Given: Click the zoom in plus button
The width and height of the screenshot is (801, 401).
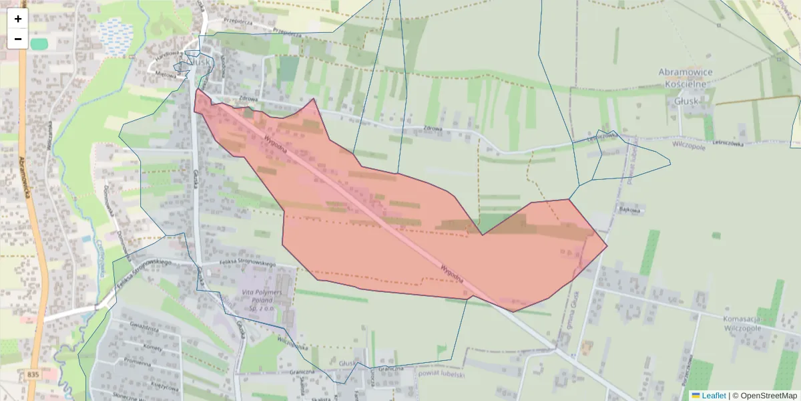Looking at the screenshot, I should (x=18, y=19).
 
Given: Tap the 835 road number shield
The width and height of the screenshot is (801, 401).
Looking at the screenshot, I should (x=34, y=375).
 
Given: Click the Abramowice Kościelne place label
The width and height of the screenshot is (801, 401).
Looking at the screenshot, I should (x=685, y=77).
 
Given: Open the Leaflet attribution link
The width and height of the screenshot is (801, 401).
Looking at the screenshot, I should (x=708, y=396).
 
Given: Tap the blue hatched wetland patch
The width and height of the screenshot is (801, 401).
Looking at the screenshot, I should (x=116, y=31).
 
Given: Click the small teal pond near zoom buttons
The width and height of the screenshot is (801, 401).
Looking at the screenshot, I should (x=39, y=43).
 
